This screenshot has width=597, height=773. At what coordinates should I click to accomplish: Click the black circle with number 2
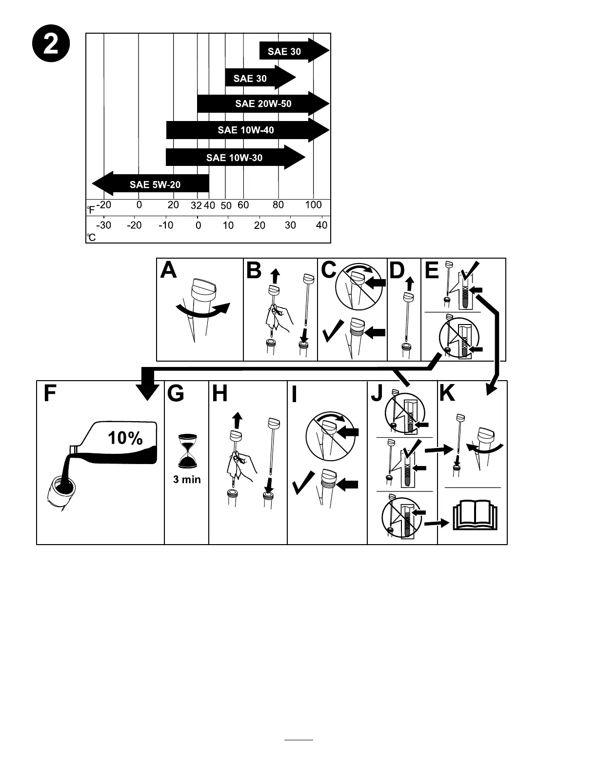(x=52, y=45)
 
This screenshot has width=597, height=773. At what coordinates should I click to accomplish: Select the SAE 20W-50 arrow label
(x=263, y=103)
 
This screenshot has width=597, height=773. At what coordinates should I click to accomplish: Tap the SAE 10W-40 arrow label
(x=246, y=130)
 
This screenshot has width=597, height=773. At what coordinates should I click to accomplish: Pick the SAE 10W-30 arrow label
(x=234, y=158)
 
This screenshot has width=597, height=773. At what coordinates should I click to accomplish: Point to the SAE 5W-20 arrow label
(x=155, y=184)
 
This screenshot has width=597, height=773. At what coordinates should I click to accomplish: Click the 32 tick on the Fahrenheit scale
(x=196, y=206)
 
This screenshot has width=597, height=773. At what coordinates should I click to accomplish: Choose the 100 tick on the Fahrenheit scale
(x=313, y=205)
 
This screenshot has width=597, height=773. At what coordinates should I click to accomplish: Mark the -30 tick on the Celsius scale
(x=103, y=225)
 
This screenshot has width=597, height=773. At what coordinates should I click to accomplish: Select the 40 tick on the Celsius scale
(x=321, y=225)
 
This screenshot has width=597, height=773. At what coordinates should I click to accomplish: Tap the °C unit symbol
(x=91, y=238)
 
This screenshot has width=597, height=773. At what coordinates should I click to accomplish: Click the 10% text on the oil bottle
(x=125, y=438)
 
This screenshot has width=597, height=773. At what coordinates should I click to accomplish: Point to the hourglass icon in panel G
(x=187, y=451)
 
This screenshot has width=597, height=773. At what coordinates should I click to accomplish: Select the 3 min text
(x=187, y=480)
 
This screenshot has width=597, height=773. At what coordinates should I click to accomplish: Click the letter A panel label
(x=169, y=270)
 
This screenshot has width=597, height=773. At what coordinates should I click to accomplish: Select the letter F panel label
(x=50, y=393)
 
